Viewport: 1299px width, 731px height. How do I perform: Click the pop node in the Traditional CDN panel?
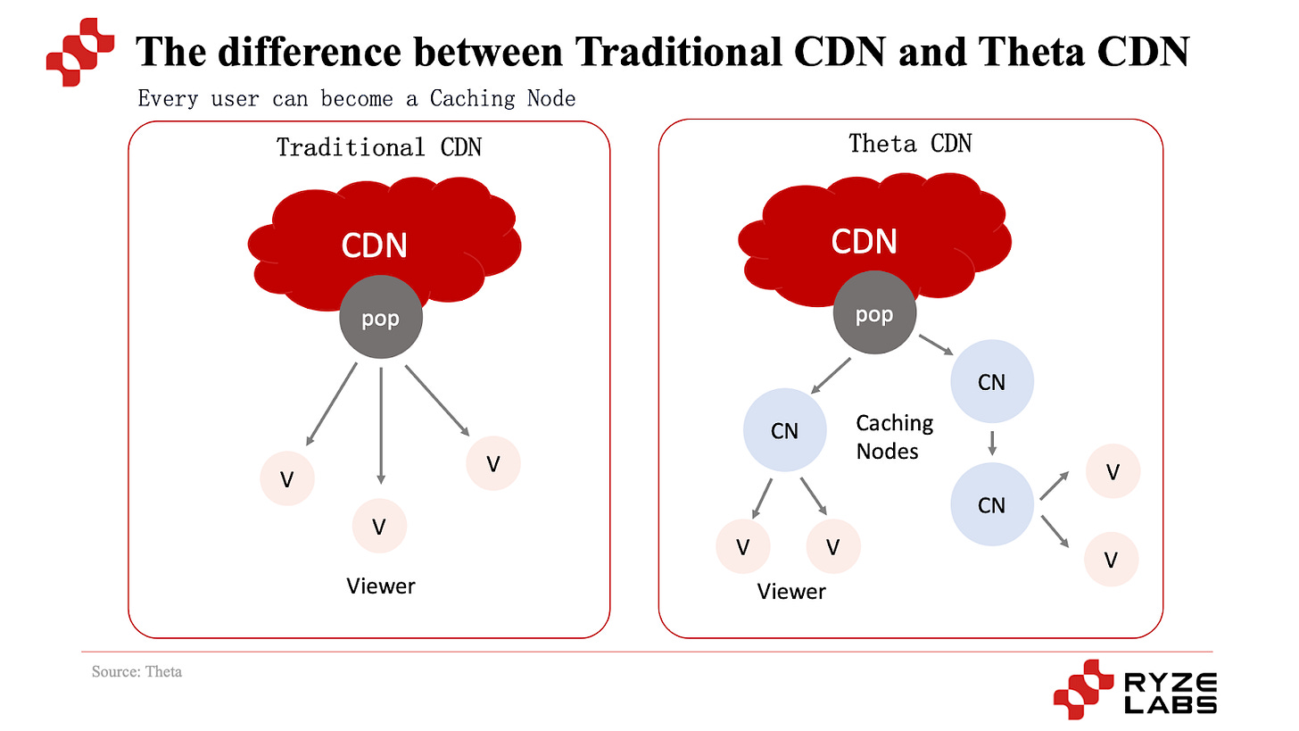[x=380, y=319]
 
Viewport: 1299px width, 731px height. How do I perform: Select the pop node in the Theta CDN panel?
[x=873, y=315]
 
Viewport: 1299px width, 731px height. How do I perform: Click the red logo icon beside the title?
[x=80, y=51]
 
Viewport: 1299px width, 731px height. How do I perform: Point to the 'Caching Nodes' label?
[x=894, y=436]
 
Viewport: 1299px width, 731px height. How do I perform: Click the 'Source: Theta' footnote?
[x=137, y=671]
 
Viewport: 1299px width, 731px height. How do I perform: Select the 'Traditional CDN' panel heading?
[x=378, y=146]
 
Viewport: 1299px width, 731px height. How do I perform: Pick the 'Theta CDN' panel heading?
[x=909, y=143]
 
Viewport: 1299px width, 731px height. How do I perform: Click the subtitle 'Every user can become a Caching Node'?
[x=357, y=97]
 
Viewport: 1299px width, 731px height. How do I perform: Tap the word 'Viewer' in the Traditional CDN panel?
[x=381, y=586]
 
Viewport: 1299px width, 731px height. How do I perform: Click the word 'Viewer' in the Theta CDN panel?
[x=791, y=591]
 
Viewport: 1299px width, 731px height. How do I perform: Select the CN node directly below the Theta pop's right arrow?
[x=991, y=382]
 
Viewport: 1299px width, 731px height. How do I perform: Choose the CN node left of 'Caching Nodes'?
[x=784, y=431]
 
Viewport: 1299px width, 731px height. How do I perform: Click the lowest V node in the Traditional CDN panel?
[x=379, y=527]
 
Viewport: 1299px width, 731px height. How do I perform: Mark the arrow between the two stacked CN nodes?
[x=991, y=444]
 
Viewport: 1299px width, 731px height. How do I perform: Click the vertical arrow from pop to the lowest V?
[x=381, y=424]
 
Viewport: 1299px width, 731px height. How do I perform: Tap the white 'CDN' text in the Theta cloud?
[x=864, y=241]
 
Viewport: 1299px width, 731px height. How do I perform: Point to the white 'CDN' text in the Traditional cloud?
[x=374, y=244]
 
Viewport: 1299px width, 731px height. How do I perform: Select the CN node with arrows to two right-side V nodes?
[x=991, y=505]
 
